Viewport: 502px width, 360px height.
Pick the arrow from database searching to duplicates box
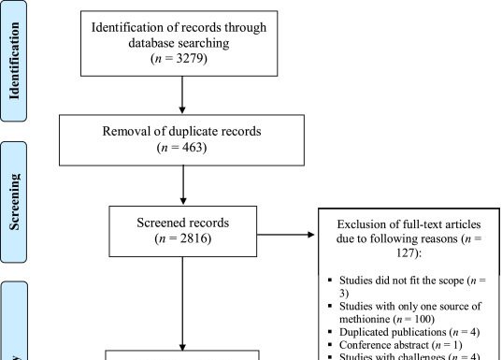click(x=183, y=95)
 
